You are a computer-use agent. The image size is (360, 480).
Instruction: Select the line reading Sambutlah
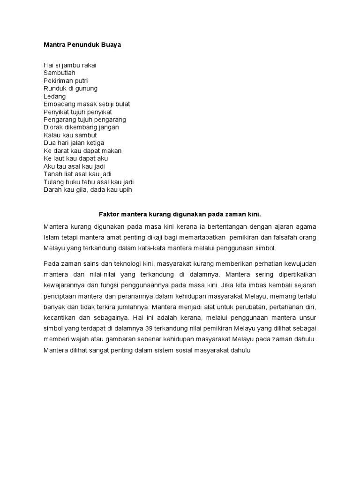(x=59, y=73)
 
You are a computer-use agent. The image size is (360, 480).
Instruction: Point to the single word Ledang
(x=54, y=96)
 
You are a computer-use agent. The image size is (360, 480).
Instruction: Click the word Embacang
(x=60, y=104)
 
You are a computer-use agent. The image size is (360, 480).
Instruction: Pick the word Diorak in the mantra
(x=52, y=127)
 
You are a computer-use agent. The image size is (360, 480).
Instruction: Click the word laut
(x=59, y=158)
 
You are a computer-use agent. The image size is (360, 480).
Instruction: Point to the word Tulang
(x=53, y=182)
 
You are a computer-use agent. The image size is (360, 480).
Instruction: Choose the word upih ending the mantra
(x=126, y=190)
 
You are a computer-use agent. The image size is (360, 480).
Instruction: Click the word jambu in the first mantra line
(x=68, y=65)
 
